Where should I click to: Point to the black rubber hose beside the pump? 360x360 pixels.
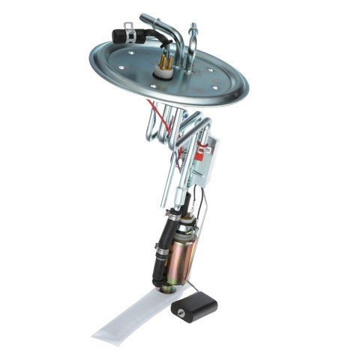[x=159, y=251]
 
